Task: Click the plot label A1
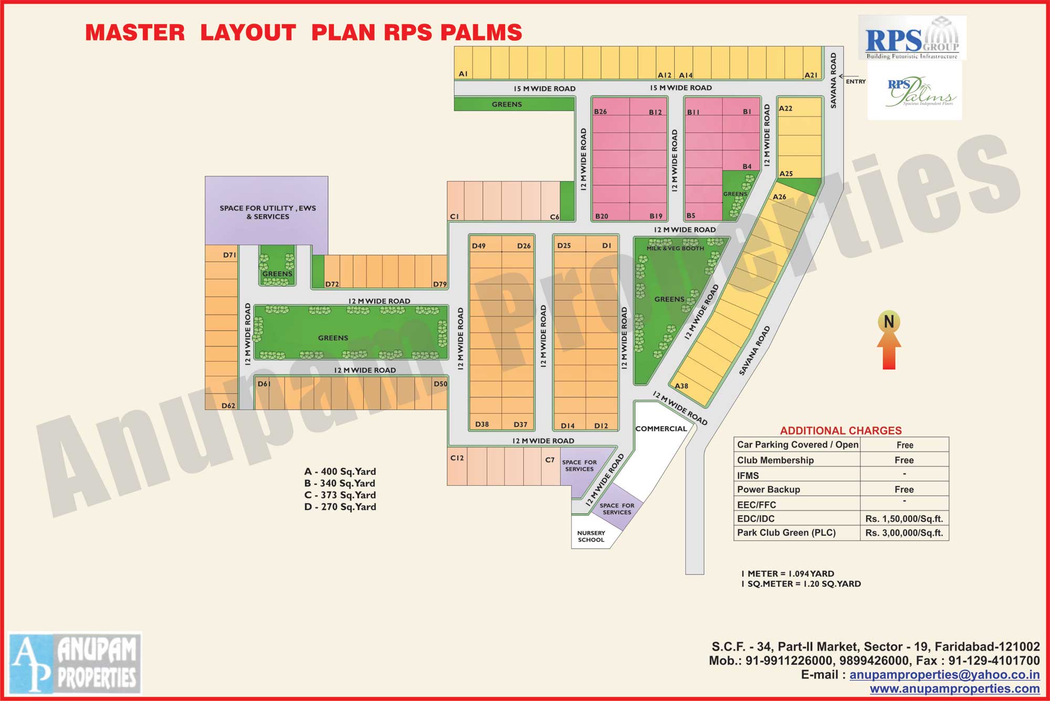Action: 463,74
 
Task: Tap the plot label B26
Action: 601,112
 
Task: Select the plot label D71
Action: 229,255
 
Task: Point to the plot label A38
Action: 681,386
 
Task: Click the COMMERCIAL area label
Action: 661,429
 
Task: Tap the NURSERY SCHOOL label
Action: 591,536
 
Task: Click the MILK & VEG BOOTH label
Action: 675,248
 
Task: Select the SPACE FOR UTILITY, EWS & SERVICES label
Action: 268,212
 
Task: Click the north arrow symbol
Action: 889,341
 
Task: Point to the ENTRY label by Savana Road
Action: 856,81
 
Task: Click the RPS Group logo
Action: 912,37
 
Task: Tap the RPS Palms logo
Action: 915,91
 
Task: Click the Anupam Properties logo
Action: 75,663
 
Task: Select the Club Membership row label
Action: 775,460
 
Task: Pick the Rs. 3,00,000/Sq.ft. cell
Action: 904,533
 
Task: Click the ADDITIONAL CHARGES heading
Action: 841,431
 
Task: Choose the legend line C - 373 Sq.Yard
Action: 340,495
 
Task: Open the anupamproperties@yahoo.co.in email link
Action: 944,675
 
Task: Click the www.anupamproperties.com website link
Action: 954,688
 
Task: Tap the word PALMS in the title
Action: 481,33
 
